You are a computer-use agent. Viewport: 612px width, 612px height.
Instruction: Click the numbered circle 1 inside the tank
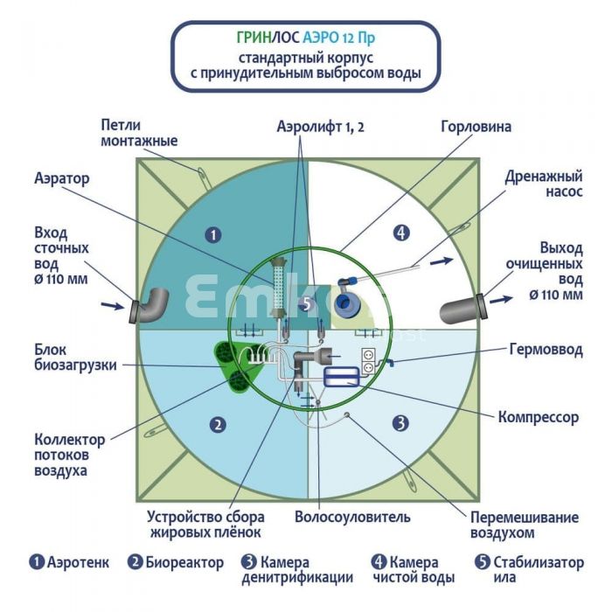click(x=213, y=234)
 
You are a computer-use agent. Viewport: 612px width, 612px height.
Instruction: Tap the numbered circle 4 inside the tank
click(x=401, y=233)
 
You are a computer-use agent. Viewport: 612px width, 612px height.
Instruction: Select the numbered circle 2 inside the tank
click(x=218, y=425)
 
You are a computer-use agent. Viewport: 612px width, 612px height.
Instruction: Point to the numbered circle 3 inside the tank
click(x=400, y=422)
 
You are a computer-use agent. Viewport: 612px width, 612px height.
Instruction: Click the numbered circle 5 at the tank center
click(x=307, y=303)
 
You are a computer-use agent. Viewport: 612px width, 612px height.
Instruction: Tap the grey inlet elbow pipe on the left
click(x=150, y=306)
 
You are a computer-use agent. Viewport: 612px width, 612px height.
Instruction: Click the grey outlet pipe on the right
click(x=463, y=308)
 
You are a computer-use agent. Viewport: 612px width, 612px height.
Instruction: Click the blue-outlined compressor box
click(x=342, y=377)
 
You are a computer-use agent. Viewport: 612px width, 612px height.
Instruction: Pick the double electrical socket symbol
click(x=368, y=361)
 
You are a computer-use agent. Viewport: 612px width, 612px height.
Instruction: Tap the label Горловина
click(x=476, y=127)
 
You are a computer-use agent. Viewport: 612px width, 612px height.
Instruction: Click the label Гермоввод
click(x=546, y=350)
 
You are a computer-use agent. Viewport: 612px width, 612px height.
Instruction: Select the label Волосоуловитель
click(x=352, y=517)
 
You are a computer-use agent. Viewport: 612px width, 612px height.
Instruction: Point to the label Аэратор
click(x=62, y=178)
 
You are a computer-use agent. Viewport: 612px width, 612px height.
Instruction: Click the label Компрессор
click(x=539, y=417)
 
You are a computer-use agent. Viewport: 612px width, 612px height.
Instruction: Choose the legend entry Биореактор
click(x=176, y=562)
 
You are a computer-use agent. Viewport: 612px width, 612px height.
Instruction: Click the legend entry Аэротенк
click(x=69, y=562)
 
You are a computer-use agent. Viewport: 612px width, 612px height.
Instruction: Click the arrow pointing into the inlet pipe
click(x=113, y=306)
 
